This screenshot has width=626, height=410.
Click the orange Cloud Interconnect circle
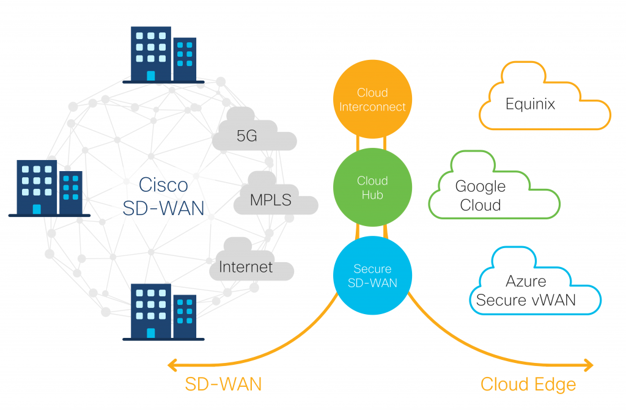[372, 100]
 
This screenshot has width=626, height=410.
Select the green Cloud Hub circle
[372, 187]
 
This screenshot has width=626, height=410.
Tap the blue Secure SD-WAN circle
[372, 276]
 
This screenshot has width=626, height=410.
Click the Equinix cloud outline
[544, 104]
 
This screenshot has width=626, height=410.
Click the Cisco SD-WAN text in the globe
[163, 196]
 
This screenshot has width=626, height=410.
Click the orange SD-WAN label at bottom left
[223, 384]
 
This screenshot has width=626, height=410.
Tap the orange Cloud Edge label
[528, 384]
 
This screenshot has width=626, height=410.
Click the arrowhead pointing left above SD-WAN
[173, 365]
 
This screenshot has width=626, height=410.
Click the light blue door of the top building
[150, 75]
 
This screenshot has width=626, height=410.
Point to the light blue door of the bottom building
[150, 332]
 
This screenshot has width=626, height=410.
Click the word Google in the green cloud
[480, 186]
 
